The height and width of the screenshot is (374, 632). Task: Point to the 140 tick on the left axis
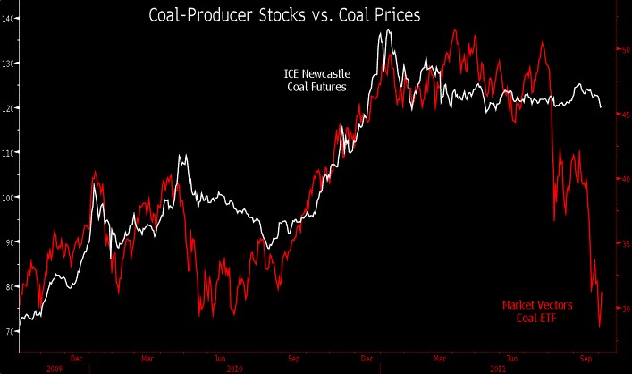point(9,19)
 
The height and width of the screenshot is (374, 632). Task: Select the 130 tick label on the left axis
point(9,64)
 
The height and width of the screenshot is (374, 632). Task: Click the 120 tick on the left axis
point(9,108)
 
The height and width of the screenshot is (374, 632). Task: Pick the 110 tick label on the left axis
point(9,153)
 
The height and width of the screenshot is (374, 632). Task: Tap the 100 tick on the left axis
point(9,198)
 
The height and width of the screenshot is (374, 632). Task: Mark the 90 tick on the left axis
point(9,242)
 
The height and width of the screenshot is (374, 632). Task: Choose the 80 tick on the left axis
point(9,287)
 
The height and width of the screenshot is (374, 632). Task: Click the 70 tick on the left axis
point(9,331)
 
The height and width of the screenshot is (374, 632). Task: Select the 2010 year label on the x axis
point(234,369)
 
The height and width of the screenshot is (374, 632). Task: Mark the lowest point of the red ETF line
point(598,327)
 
